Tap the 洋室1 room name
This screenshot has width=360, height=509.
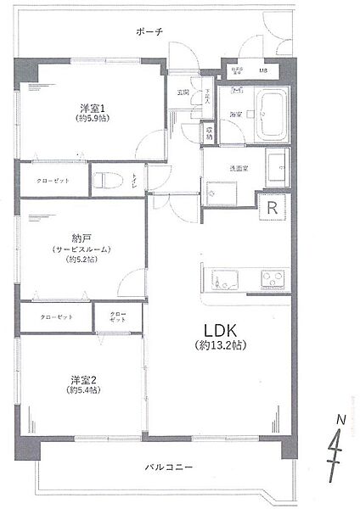point(93,108)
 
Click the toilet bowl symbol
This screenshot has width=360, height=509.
point(104,181)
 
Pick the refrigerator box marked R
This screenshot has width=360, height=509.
point(273,207)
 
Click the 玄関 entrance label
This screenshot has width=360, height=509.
point(183,92)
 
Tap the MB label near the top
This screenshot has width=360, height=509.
point(263,70)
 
